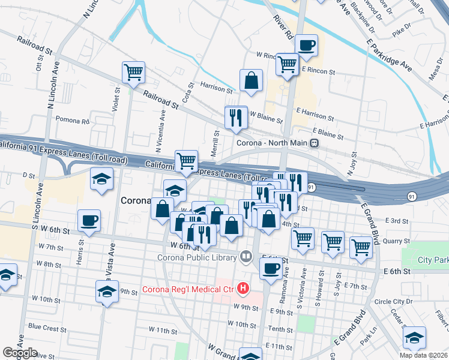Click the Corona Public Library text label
pyautogui.click(x=189, y=258)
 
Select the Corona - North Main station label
pyautogui.click(x=271, y=143)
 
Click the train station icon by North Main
pyautogui.click(x=314, y=143)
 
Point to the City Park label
pyautogui.click(x=433, y=260)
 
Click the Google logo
pyautogui.click(x=20, y=353)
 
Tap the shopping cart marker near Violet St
pyautogui.click(x=133, y=73)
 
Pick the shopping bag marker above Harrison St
pyautogui.click(x=251, y=80)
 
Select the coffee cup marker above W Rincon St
pyautogui.click(x=306, y=45)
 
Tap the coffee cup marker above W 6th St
pyautogui.click(x=89, y=221)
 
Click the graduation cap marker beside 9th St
pyautogui.click(x=107, y=292)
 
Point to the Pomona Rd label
pyautogui.click(x=72, y=121)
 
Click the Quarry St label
pyautogui.click(x=395, y=241)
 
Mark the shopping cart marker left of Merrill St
pyautogui.click(x=187, y=161)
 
